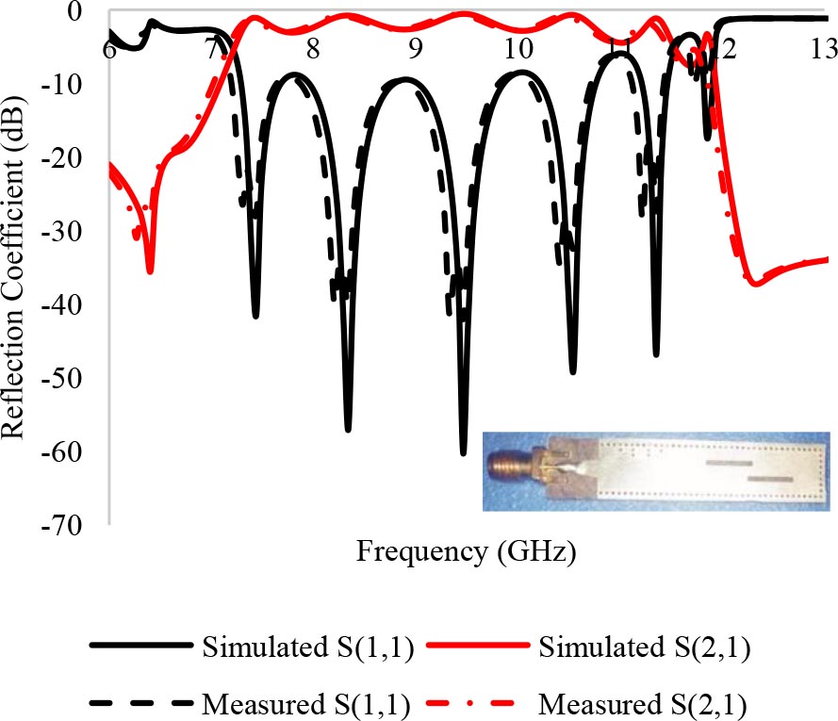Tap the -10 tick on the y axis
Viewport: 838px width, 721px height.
76,85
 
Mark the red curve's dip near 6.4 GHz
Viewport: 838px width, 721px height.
150,271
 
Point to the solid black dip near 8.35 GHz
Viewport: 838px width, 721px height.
348,429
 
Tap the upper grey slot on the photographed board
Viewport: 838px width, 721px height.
729,464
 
